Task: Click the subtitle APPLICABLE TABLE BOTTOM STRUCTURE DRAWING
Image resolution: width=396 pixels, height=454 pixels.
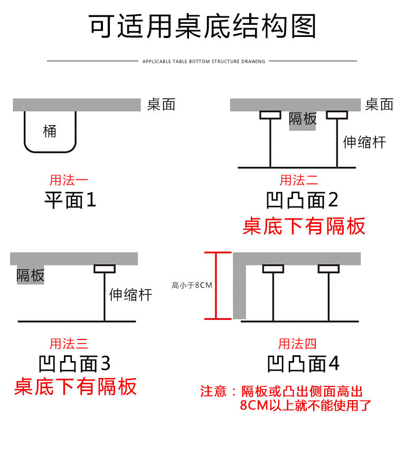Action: [204, 62]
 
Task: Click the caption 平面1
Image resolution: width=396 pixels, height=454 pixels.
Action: [70, 200]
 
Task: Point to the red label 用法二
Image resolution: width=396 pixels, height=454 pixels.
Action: [299, 181]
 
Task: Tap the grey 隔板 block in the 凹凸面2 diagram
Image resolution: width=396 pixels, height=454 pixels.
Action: [303, 120]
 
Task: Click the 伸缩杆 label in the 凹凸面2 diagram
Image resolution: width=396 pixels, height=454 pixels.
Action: [365, 142]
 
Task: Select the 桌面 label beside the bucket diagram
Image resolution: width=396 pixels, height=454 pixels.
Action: [161, 105]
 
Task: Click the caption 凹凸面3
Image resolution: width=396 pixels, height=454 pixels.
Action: [74, 364]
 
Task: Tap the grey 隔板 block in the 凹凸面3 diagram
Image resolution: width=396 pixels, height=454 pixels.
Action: [31, 275]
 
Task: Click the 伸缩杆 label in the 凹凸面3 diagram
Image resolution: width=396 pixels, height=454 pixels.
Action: [130, 295]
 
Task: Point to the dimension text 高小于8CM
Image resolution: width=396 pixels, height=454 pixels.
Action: [192, 286]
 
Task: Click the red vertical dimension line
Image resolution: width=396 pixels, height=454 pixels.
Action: [215, 286]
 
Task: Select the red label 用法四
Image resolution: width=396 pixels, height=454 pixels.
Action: [297, 344]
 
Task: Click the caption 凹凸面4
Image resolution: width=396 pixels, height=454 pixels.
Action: [303, 364]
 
